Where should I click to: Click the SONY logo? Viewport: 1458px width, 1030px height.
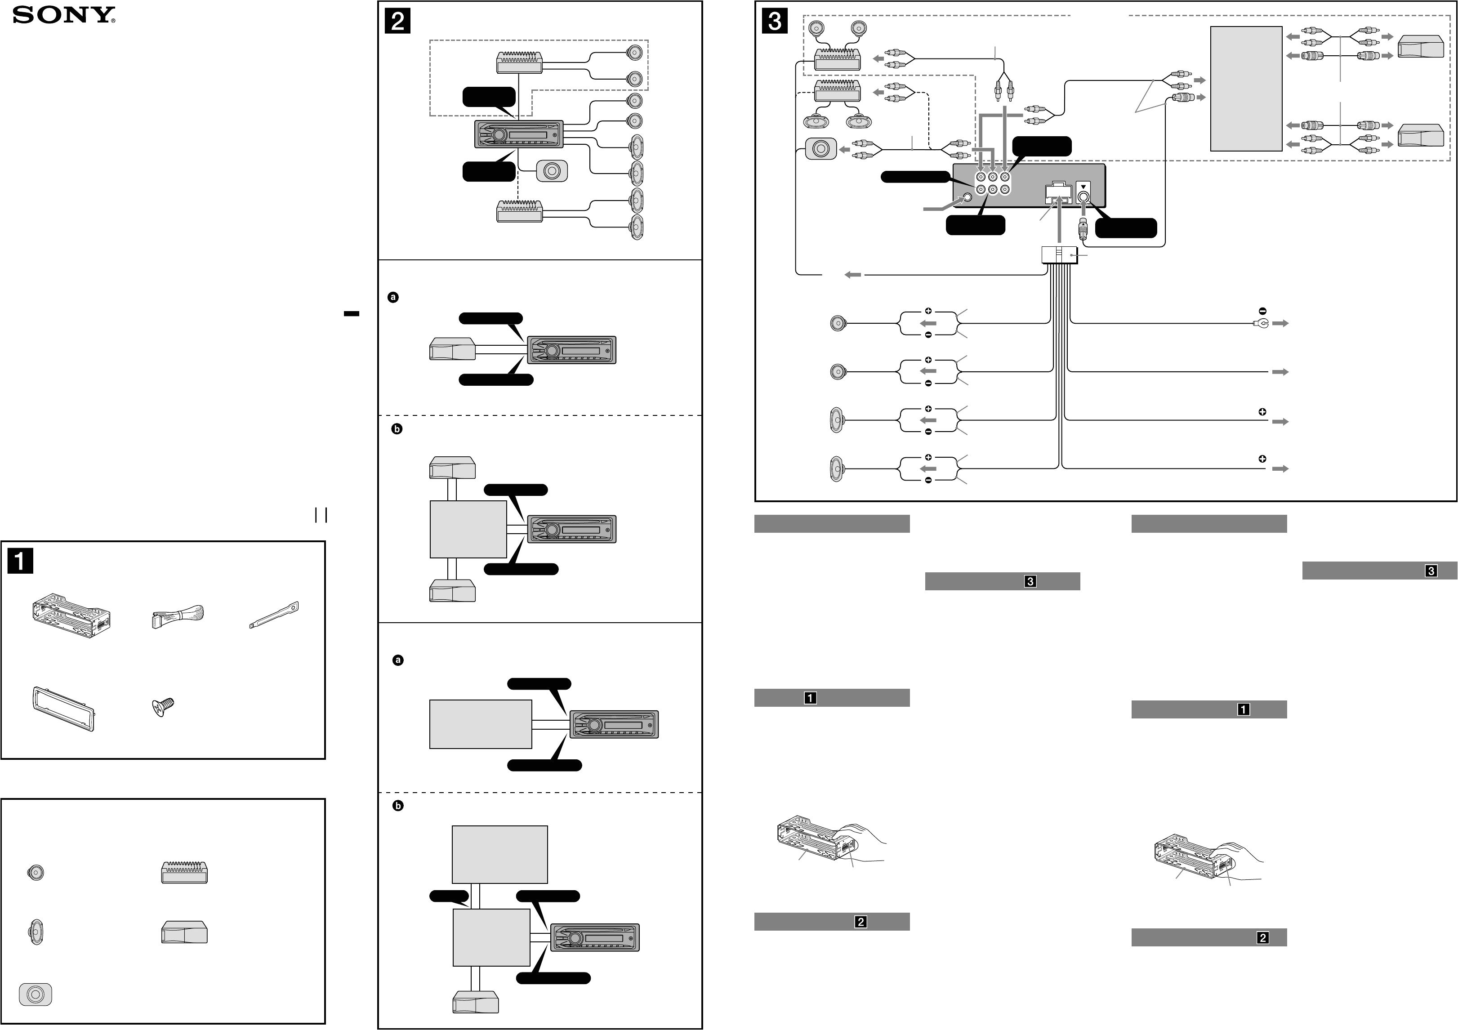pos(64,15)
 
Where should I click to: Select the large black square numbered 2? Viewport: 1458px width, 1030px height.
pos(397,21)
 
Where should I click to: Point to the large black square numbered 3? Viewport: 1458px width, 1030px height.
pos(775,21)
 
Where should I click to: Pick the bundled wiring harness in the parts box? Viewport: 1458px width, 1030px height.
pos(177,616)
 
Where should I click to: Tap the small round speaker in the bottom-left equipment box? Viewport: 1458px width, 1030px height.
pos(36,873)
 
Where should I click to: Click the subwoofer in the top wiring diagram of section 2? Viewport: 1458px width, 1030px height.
pos(551,171)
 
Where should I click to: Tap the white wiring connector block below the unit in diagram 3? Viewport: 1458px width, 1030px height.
pos(1060,254)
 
